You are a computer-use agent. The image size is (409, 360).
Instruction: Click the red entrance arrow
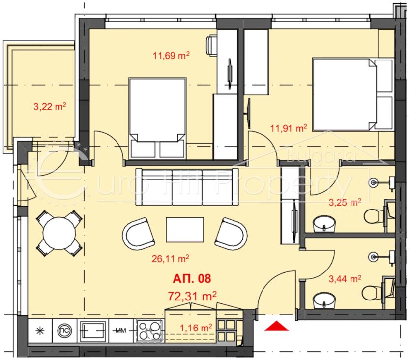click(276, 326)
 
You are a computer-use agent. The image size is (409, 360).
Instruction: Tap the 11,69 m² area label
click(171, 56)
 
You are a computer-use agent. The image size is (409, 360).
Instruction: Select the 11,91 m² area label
click(289, 128)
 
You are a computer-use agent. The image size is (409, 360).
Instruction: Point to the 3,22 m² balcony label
click(50, 106)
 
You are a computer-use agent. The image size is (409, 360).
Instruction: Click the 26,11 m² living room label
click(171, 259)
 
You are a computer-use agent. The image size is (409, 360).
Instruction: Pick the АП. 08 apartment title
click(192, 279)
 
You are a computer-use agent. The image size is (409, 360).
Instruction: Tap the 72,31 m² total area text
click(192, 296)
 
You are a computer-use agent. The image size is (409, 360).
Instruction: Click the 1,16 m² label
click(196, 328)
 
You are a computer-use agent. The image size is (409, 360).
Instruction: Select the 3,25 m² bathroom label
click(345, 203)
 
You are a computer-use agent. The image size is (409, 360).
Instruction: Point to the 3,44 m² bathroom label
click(345, 279)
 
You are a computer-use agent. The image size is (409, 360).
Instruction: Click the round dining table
click(59, 233)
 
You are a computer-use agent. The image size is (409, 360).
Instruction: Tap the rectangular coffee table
click(185, 230)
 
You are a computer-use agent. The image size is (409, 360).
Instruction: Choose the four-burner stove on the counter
click(149, 331)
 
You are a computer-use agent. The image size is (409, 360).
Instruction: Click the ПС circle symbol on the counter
click(64, 331)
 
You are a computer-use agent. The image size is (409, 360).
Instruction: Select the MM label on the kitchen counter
click(120, 331)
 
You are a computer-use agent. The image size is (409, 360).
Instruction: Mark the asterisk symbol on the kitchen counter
click(40, 331)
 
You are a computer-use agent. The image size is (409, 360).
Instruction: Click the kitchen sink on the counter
click(92, 331)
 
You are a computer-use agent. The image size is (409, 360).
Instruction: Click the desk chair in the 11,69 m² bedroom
click(212, 46)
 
